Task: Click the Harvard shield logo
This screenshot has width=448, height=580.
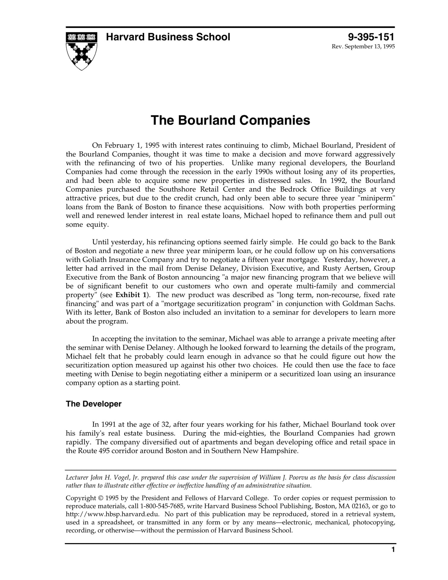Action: click(81, 51)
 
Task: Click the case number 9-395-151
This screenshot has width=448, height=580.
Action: click(371, 37)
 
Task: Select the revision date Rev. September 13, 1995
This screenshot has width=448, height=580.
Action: click(363, 47)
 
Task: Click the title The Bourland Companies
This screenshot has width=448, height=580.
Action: click(230, 120)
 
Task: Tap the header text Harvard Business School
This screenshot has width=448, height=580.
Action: click(168, 37)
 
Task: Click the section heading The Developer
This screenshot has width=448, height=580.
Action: click(94, 404)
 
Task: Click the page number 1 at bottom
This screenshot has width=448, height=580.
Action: click(393, 550)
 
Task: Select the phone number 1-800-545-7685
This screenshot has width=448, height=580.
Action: click(160, 506)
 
